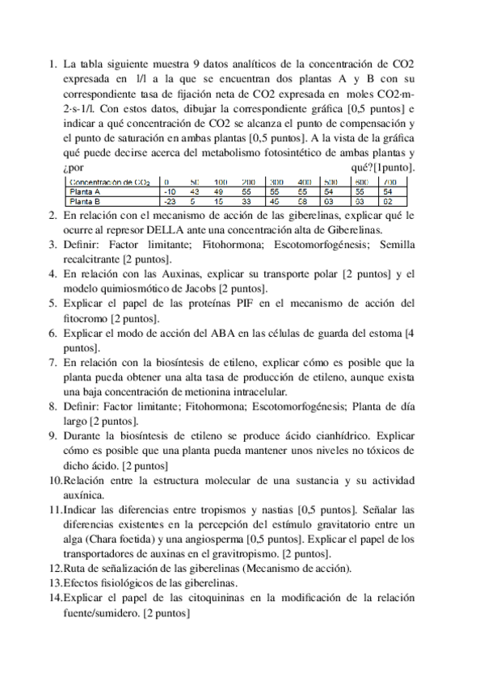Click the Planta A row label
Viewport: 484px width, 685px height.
[x=86, y=192]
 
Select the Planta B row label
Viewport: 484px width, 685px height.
[x=86, y=202]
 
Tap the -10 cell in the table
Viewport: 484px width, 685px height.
[x=169, y=192]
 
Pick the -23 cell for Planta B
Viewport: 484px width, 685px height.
[x=169, y=202]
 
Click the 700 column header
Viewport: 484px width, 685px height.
[x=388, y=183]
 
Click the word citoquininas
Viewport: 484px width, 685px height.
[x=229, y=598]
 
